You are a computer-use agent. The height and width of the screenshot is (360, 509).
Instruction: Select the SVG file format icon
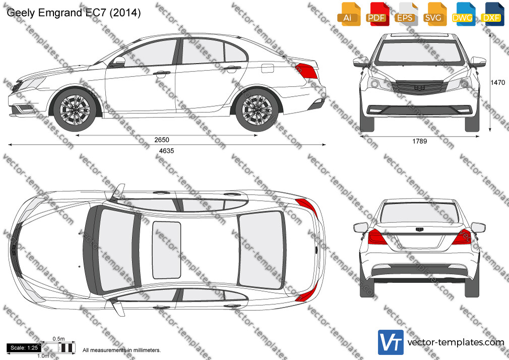[x=434, y=14]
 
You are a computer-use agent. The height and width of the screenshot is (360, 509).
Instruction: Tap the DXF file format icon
[x=492, y=14]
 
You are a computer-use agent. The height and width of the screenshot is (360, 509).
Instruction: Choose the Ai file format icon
[x=348, y=14]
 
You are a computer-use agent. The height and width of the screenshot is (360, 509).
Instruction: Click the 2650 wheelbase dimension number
[x=162, y=140]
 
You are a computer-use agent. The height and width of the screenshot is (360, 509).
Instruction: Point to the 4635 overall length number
[x=166, y=151]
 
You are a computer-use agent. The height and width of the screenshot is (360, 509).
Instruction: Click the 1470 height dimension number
[x=497, y=83]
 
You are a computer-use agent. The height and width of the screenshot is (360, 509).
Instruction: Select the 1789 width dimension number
[x=419, y=141]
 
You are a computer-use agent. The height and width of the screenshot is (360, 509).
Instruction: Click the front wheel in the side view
[x=75, y=110]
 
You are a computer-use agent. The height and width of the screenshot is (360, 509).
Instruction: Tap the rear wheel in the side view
[x=257, y=110]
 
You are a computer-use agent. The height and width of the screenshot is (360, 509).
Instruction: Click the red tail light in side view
[x=306, y=71]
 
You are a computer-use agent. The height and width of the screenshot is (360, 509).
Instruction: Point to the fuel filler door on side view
[x=268, y=68]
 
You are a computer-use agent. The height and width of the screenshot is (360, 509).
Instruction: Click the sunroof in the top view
[x=166, y=250]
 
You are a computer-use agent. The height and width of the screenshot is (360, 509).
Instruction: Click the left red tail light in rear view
[x=377, y=237]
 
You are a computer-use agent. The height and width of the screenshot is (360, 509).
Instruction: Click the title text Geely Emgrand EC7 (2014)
[x=74, y=13]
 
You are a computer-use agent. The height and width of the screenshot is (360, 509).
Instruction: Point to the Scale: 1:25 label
[x=24, y=348]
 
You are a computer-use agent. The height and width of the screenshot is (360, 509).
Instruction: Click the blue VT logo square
[x=391, y=342]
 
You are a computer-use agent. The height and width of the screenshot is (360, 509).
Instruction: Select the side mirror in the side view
[x=119, y=62]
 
